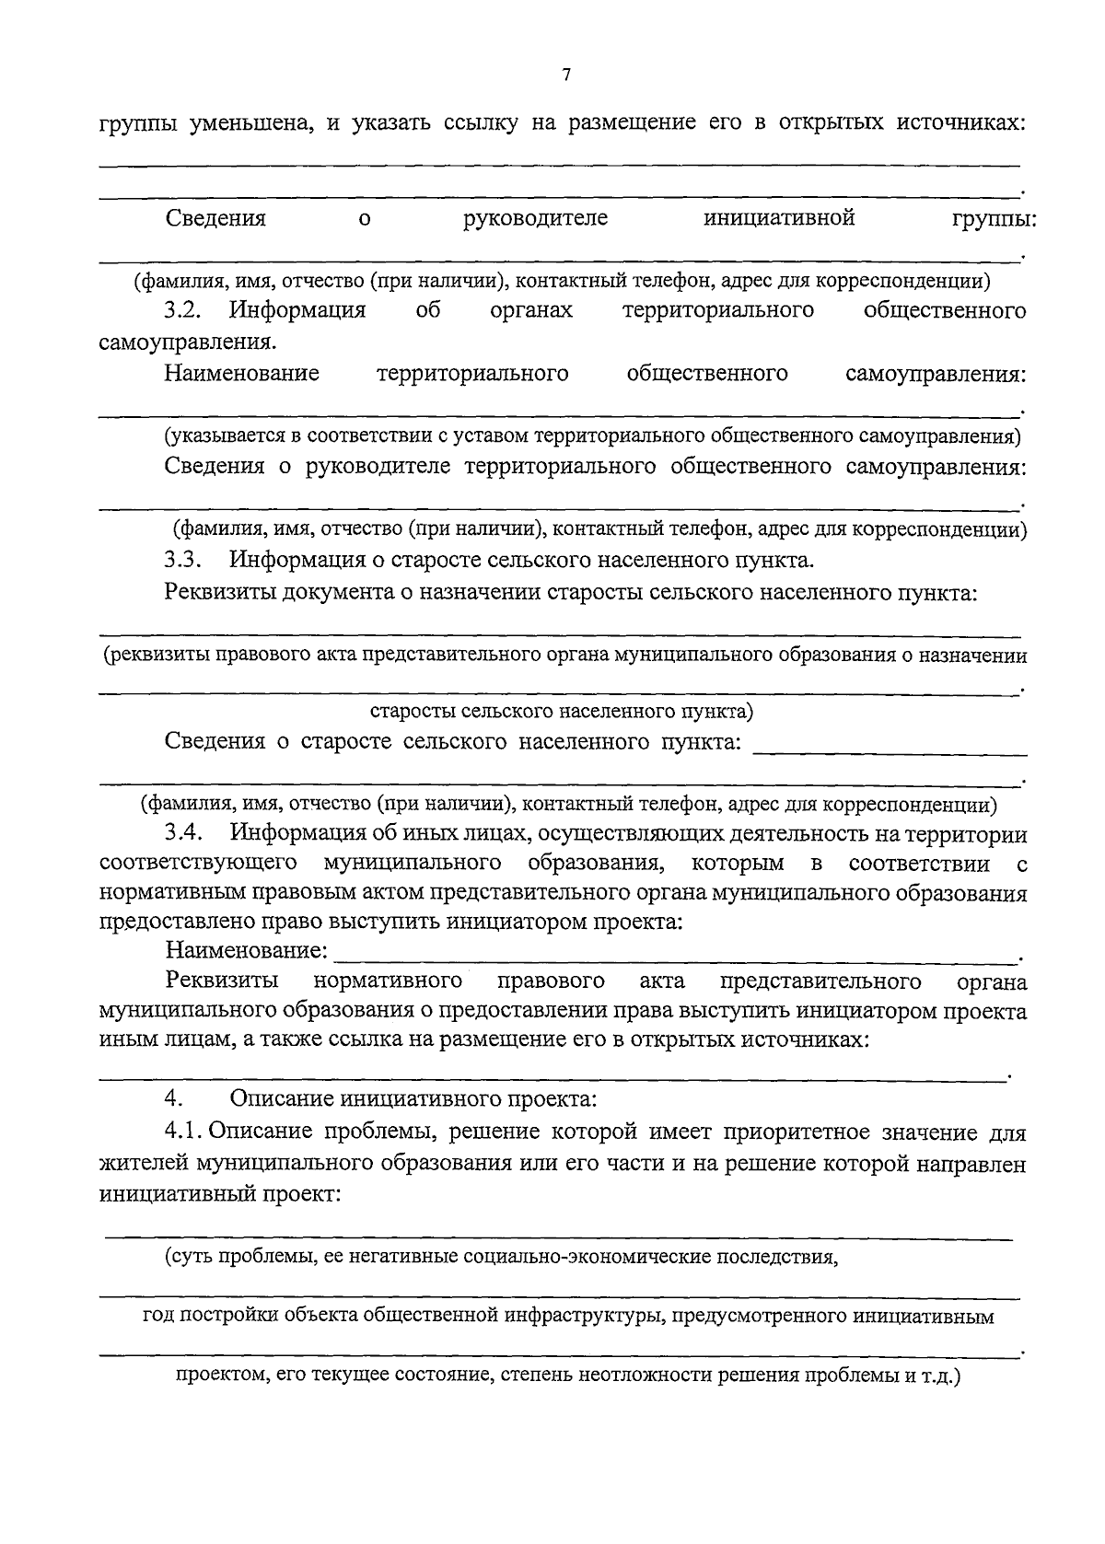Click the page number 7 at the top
[566, 75]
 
